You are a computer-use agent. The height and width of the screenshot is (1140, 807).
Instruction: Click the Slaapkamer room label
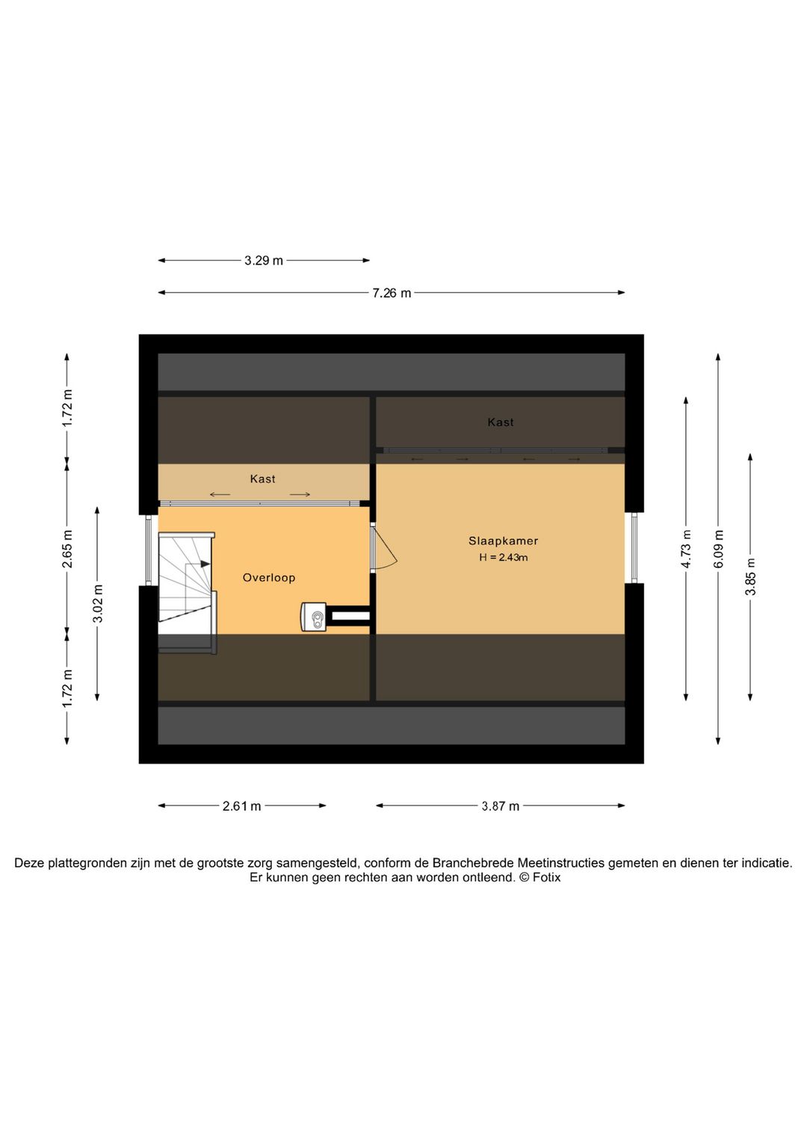(x=503, y=541)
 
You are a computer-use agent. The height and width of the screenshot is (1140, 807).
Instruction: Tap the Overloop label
(x=269, y=577)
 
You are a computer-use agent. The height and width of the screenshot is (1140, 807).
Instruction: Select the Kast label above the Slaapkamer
(x=501, y=422)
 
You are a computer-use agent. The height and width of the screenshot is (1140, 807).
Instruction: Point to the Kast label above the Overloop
(x=262, y=479)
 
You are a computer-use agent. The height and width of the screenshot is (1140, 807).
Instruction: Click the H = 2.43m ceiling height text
(x=503, y=557)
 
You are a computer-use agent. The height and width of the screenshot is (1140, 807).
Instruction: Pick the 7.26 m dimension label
(x=392, y=293)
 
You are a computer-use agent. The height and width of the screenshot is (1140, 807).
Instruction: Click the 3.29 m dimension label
(x=264, y=261)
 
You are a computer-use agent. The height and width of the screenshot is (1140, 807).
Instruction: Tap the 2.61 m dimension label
(x=241, y=806)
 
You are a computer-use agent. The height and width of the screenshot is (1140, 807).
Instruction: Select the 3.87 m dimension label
(x=500, y=806)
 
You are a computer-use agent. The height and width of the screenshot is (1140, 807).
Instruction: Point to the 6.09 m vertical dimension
(x=719, y=549)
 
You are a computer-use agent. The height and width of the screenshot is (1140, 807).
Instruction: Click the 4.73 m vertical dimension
(x=686, y=549)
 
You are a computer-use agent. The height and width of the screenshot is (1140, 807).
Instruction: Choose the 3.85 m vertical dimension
(x=751, y=577)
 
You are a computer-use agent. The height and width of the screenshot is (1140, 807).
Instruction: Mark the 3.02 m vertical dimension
(x=98, y=604)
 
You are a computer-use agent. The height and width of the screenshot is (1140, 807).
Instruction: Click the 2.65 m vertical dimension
(x=67, y=549)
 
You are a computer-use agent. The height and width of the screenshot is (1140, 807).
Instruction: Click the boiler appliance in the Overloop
(x=314, y=617)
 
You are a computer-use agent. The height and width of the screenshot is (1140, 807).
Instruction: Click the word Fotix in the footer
(x=546, y=878)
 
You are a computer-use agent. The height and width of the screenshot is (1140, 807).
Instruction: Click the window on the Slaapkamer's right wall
(x=634, y=548)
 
